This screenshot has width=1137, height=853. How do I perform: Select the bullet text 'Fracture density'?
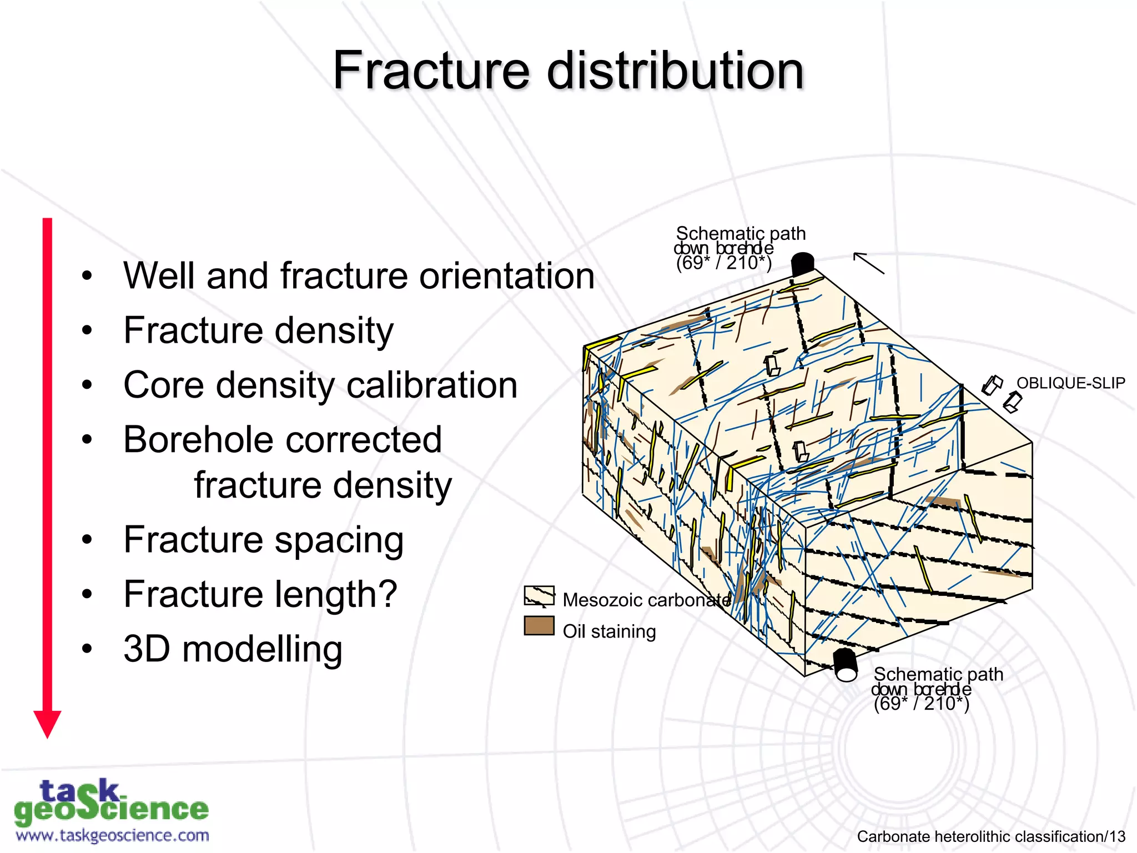click(258, 330)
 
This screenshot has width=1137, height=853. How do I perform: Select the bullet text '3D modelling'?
click(233, 649)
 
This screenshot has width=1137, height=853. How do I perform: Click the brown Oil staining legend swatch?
click(539, 625)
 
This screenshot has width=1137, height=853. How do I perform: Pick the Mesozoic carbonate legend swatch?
click(539, 596)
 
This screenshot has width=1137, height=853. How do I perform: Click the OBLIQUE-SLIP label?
click(1070, 383)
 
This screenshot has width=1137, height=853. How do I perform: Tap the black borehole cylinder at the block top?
click(802, 264)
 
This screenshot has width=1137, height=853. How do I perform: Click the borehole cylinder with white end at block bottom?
click(846, 665)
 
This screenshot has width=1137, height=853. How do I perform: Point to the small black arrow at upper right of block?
click(868, 263)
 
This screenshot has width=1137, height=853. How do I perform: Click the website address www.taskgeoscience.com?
click(113, 835)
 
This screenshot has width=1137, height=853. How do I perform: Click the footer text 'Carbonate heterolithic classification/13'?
click(991, 836)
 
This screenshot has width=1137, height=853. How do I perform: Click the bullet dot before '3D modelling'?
click(86, 649)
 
